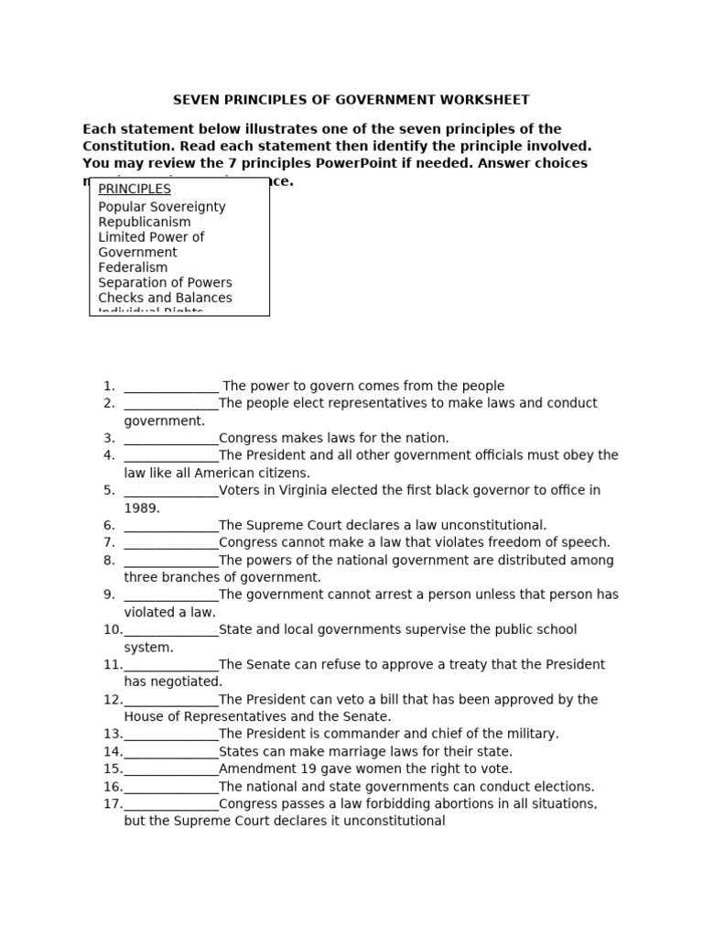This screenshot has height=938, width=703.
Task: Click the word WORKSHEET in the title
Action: pyautogui.click(x=487, y=100)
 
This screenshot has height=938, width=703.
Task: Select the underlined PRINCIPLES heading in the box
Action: pyautogui.click(x=135, y=189)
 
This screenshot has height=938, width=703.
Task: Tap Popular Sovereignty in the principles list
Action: pyautogui.click(x=162, y=207)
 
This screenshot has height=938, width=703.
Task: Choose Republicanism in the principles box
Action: pyautogui.click(x=145, y=222)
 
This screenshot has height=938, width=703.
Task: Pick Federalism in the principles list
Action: pyautogui.click(x=133, y=267)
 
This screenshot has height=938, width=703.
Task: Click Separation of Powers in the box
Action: pyautogui.click(x=165, y=282)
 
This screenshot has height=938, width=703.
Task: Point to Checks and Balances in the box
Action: pyautogui.click(x=165, y=298)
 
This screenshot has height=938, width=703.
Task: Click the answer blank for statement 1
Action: pyautogui.click(x=171, y=387)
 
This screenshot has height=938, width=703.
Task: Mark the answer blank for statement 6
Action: pyautogui.click(x=171, y=526)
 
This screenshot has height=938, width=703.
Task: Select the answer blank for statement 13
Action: pyautogui.click(x=171, y=735)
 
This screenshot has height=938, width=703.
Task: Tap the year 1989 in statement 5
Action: pyautogui.click(x=142, y=507)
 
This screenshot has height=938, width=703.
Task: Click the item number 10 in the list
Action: pyautogui.click(x=113, y=630)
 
